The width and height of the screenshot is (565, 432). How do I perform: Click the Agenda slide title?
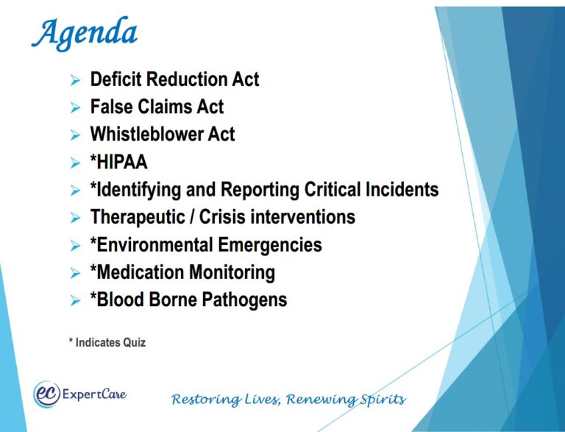pyautogui.click(x=85, y=33)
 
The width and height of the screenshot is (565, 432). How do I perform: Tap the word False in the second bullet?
pyautogui.click(x=111, y=107)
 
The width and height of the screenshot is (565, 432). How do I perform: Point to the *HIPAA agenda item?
pyautogui.click(x=118, y=162)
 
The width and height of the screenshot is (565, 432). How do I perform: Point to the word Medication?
pyautogui.click(x=141, y=272)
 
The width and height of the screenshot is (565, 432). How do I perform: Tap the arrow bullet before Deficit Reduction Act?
pyautogui.click(x=74, y=80)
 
